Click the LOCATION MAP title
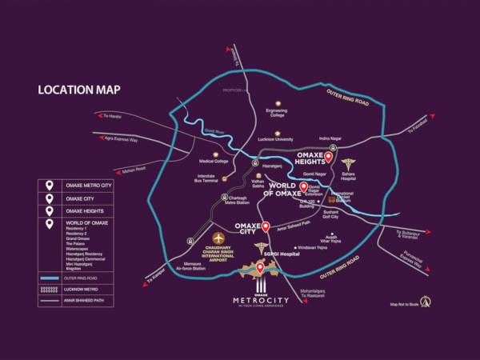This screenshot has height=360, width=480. click(79, 89)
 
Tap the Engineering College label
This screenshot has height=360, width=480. click(278, 113)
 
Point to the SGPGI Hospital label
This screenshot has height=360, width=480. click(274, 254)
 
